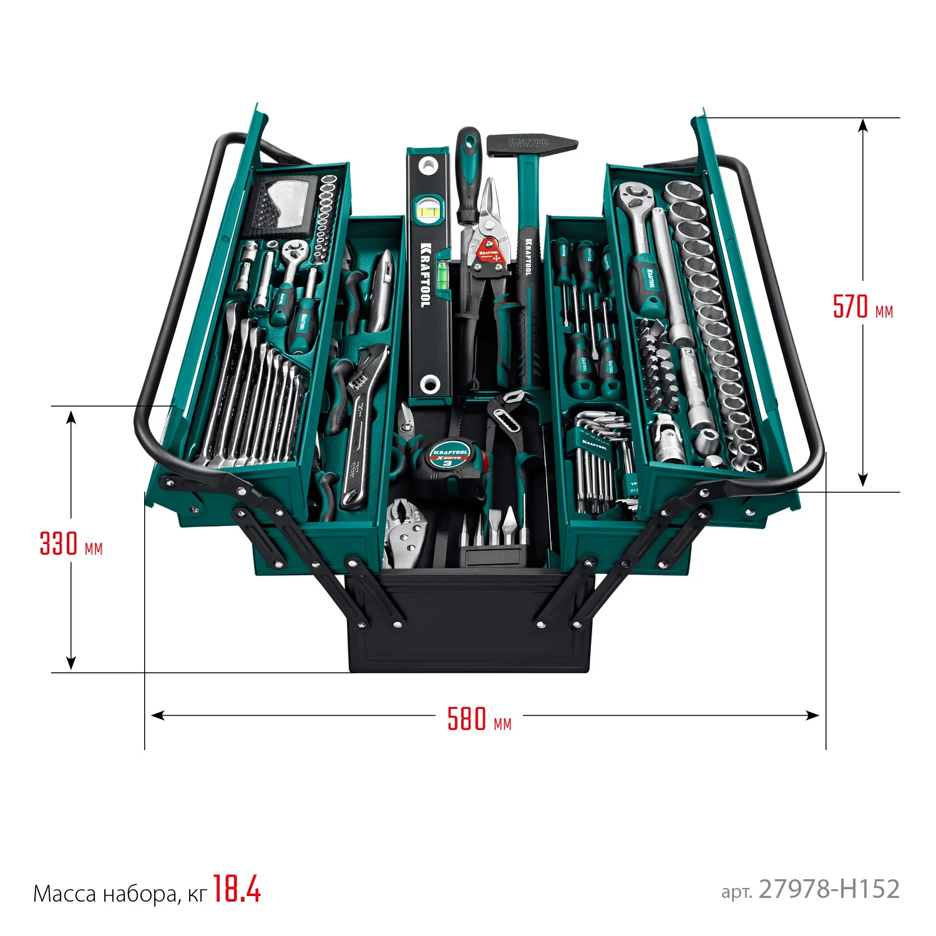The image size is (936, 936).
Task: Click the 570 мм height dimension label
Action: [x=862, y=306]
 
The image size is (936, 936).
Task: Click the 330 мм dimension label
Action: [x=71, y=544]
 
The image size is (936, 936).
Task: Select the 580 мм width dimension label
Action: [x=479, y=719]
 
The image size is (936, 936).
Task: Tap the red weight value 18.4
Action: [x=236, y=889]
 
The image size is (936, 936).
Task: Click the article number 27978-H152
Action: [x=829, y=889]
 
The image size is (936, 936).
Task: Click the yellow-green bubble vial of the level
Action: [x=428, y=211]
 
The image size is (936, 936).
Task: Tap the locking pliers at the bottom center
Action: [x=406, y=530]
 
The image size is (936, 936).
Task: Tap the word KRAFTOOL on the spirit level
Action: [x=426, y=275]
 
